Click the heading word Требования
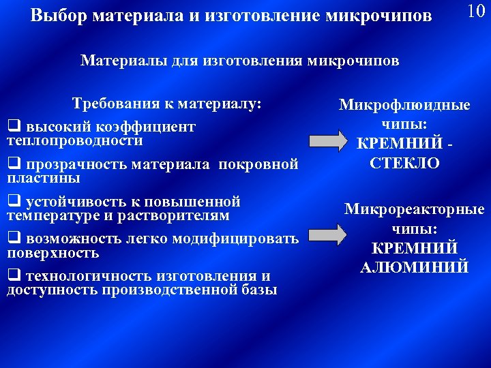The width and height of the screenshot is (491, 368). pos(115,104)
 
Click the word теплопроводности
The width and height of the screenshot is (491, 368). pos(75,140)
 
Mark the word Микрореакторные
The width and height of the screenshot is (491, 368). pos(414,210)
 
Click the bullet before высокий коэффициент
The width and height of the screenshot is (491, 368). pos(12,127)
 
